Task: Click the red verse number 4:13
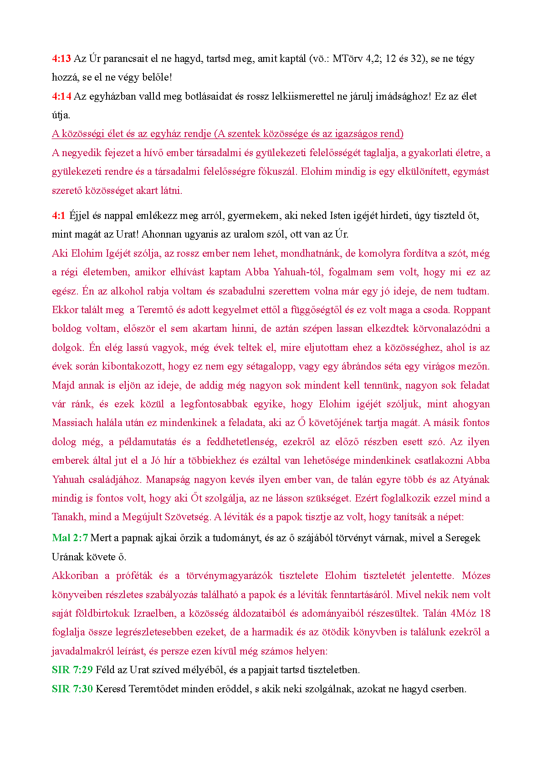click(61, 59)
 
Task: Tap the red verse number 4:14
click(61, 96)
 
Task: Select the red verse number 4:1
click(59, 216)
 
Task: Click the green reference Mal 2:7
click(70, 538)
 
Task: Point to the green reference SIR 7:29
click(72, 670)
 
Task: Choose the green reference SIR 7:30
click(72, 689)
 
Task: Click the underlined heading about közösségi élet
click(228, 134)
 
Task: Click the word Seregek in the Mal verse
click(462, 538)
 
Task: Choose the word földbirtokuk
click(105, 614)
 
